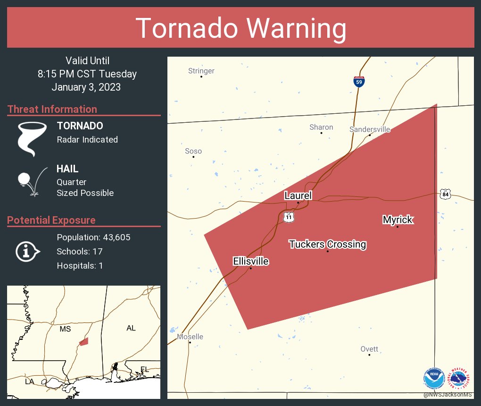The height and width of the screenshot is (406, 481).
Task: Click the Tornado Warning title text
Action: tap(240, 28)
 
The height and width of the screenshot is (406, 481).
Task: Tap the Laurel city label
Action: tap(298, 195)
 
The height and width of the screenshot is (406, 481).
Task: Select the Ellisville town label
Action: tap(250, 261)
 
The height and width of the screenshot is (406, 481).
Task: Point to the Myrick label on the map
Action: tap(398, 220)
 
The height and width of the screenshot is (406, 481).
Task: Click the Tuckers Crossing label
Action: tap(327, 244)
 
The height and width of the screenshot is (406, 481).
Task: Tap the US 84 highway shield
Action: tap(445, 195)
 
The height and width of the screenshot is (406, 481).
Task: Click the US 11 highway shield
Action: tap(289, 217)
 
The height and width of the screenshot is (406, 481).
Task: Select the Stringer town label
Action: tap(201, 71)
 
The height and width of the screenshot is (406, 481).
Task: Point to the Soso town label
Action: tap(193, 151)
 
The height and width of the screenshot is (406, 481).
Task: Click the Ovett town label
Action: tap(369, 349)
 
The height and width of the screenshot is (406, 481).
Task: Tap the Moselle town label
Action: tap(190, 337)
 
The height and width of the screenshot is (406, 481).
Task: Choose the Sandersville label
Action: tap(370, 129)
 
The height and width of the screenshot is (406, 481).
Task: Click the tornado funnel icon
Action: tap(32, 138)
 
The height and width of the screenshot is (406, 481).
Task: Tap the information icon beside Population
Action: tap(27, 251)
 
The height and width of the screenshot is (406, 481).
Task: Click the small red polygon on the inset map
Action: tap(83, 341)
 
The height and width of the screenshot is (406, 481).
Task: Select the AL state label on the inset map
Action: tap(131, 328)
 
